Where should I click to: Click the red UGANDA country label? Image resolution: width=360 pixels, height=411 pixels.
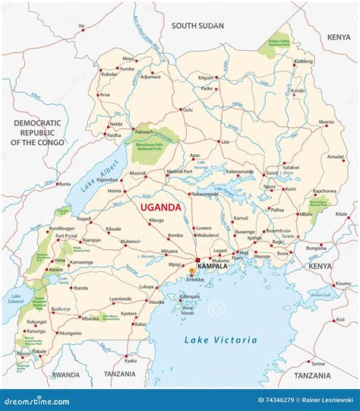(159, 207)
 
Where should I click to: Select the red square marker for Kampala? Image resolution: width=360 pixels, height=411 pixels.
(199, 261)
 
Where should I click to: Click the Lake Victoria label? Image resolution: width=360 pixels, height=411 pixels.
(220, 340)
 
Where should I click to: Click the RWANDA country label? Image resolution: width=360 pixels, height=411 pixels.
(65, 375)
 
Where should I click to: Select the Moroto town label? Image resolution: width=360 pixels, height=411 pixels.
(326, 122)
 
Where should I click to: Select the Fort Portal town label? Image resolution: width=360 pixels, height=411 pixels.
(68, 236)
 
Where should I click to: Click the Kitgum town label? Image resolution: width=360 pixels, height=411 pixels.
(207, 77)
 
